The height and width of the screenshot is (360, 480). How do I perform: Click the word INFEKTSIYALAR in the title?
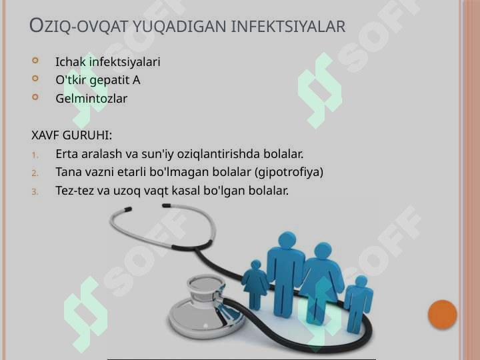pyautogui.click(x=288, y=26)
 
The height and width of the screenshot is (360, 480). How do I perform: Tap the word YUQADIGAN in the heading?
pyautogui.click(x=179, y=26)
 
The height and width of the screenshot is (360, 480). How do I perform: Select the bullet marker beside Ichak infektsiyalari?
pyautogui.click(x=35, y=60)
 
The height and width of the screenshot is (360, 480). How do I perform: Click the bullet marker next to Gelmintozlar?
pyautogui.click(x=35, y=97)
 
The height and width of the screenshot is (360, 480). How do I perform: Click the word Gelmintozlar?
pyautogui.click(x=91, y=98)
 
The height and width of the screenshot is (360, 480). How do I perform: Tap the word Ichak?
pyautogui.click(x=71, y=61)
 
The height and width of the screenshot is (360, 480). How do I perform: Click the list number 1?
pyautogui.click(x=35, y=155)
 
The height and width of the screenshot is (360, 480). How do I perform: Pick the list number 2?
pyautogui.click(x=35, y=173)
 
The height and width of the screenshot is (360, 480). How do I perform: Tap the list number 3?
pyautogui.click(x=35, y=191)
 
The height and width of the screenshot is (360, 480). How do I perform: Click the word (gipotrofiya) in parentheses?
pyautogui.click(x=289, y=172)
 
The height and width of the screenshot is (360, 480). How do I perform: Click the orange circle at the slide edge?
pyautogui.click(x=443, y=315)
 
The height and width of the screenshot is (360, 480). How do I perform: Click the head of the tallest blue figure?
pyautogui.click(x=287, y=239)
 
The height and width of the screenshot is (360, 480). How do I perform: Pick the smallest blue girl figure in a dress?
pyautogui.click(x=255, y=285)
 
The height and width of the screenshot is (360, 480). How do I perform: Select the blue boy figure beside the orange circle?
pyautogui.click(x=358, y=304)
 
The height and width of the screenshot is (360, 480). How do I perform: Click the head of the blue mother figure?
pyautogui.click(x=323, y=251)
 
